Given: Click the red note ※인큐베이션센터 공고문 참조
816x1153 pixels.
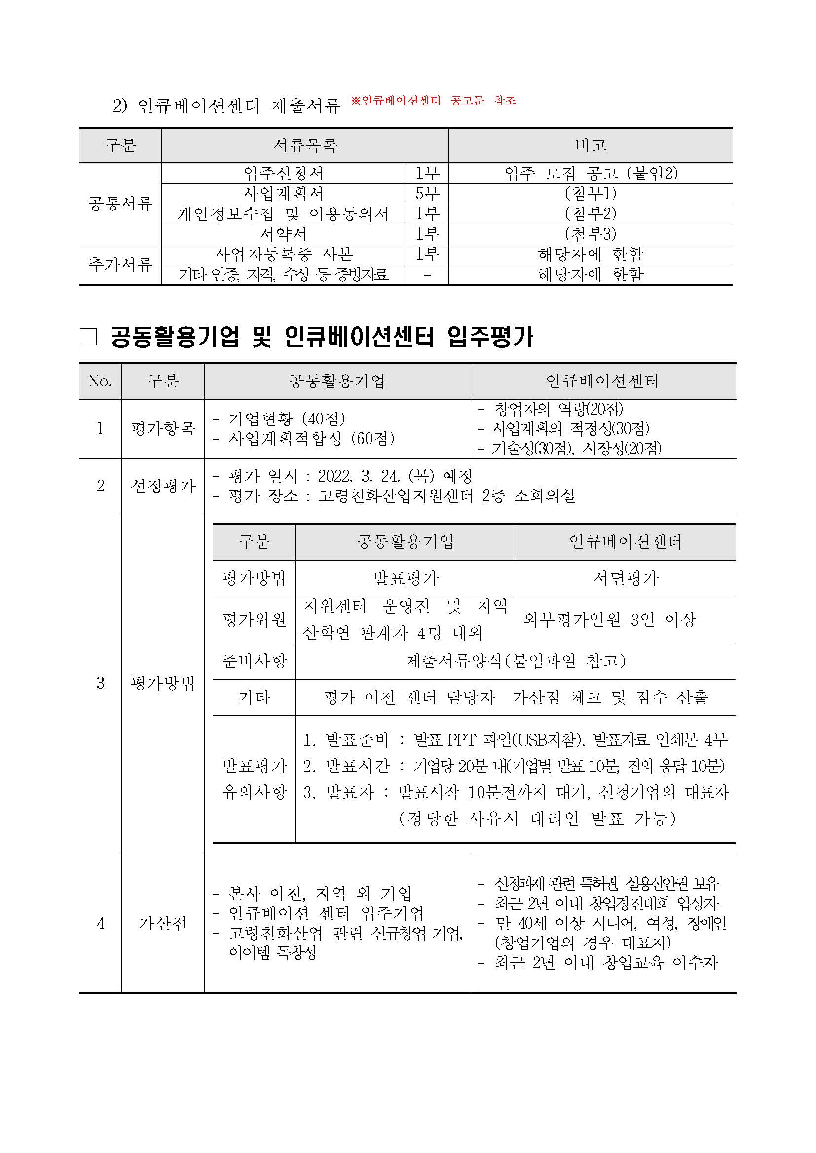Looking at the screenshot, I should click(433, 101).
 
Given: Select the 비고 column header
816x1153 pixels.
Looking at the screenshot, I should click(591, 145).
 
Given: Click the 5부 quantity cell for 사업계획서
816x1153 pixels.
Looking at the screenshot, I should click(427, 193).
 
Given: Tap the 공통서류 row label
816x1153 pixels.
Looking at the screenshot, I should click(120, 204).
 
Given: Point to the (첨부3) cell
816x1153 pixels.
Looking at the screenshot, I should click(591, 234).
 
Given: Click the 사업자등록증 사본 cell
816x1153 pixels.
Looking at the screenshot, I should click(283, 254).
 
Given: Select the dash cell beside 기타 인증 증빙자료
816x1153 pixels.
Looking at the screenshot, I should click(427, 275).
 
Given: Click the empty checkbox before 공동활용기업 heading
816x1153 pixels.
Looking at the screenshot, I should click(88, 337).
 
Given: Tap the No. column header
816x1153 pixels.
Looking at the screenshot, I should click(100, 381).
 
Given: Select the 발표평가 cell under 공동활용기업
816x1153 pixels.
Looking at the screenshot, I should click(406, 578).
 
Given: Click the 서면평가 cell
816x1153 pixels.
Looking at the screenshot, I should click(626, 578).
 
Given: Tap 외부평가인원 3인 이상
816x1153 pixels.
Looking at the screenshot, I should click(609, 620).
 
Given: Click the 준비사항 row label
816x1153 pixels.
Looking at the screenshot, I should click(254, 661).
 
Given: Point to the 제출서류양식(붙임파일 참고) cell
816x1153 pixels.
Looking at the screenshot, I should click(516, 661).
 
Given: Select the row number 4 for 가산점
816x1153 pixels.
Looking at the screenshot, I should click(100, 923).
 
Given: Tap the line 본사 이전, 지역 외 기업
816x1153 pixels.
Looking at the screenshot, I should click(320, 893).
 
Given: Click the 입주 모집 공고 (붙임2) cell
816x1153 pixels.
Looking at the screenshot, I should click(591, 173).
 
